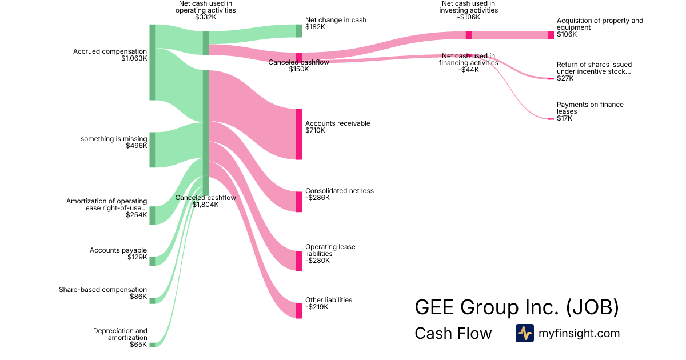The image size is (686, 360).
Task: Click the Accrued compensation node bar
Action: coord(153,62)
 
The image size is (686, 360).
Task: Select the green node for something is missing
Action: coord(153,150)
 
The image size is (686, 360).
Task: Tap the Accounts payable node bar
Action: coord(153,261)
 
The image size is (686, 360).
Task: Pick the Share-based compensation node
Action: coord(153,301)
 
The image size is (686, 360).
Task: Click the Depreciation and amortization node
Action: coord(153,345)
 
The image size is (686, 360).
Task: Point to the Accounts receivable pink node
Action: coord(299,134)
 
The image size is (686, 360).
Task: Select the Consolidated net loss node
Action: coord(299,202)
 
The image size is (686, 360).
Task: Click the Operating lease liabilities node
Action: coord(299,261)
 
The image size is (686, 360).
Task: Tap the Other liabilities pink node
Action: coord(299,311)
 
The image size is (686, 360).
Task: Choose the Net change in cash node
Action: coord(299,31)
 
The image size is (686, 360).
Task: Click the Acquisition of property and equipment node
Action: coord(551,35)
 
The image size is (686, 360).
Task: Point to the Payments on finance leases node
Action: coord(551,119)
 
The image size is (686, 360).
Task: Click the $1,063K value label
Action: coord(134,58)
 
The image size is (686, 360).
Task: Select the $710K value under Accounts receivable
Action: coord(315,130)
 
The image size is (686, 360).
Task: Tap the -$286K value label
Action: coord(318,198)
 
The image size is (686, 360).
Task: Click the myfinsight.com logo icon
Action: coord(525,333)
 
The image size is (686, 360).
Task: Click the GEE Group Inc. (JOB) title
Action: coord(517,307)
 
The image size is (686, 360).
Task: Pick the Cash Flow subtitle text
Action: coord(453,333)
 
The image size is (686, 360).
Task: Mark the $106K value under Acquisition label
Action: coord(567,34)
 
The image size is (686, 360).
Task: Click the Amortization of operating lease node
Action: coord(153,215)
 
